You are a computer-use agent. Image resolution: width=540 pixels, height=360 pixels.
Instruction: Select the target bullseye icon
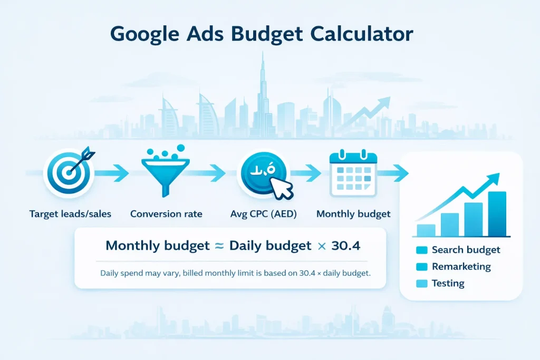click(69, 171)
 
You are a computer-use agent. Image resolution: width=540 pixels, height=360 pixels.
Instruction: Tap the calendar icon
click(353, 172)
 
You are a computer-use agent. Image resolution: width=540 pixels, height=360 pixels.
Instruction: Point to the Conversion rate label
click(166, 214)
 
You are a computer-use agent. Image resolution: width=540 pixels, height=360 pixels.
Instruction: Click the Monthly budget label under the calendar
click(353, 214)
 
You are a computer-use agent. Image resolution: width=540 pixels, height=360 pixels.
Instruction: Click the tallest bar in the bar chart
click(497, 213)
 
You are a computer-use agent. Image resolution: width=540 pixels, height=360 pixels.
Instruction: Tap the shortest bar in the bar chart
click(426, 230)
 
